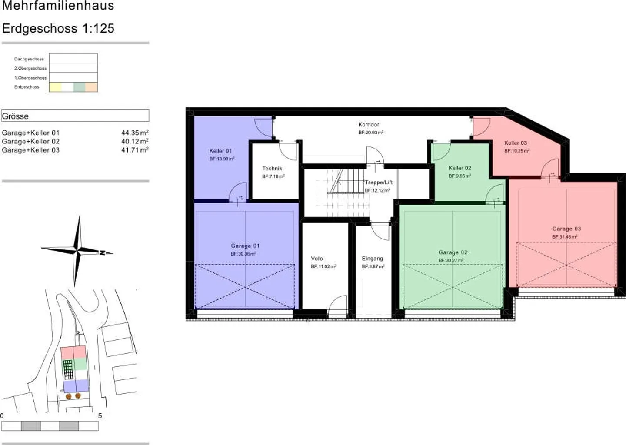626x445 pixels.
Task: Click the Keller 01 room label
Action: [220, 151]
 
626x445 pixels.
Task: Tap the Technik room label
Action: [272, 169]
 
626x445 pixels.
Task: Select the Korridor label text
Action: [369, 125]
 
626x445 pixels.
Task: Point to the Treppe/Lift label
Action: [379, 183]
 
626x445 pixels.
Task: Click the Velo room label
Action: [317, 259]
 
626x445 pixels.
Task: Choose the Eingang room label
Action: [373, 259]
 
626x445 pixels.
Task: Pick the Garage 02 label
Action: [453, 252]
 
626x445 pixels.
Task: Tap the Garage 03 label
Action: [566, 229]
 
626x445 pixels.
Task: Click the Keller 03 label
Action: [516, 143]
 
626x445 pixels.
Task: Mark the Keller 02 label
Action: [460, 168]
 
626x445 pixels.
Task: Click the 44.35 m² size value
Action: [135, 133]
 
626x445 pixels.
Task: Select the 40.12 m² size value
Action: [135, 142]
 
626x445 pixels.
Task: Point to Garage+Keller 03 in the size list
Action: [30, 150]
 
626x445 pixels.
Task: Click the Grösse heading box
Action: [75, 116]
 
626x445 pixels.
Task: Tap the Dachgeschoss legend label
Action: [29, 59]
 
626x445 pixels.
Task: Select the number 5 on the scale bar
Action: [100, 416]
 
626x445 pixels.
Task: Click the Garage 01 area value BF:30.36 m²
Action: [243, 254]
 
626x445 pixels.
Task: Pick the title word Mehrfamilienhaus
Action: [58, 6]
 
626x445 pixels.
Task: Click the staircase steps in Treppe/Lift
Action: [345, 191]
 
